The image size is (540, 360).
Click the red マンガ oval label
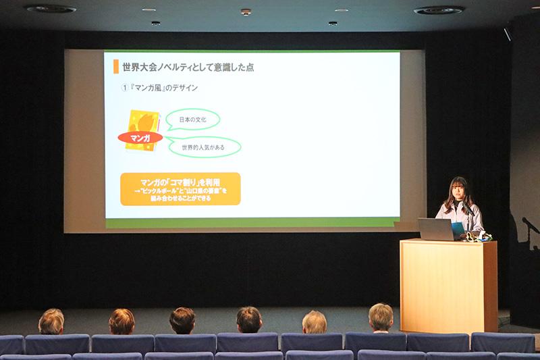tap(140, 137)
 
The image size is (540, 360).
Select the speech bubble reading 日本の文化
tap(193, 120)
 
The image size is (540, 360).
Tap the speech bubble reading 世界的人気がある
tap(204, 147)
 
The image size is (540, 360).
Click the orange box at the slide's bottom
tap(180, 188)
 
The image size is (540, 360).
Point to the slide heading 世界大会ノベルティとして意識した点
tap(188, 67)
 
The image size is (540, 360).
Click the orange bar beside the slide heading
tap(116, 66)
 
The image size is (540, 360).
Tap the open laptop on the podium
tap(437, 229)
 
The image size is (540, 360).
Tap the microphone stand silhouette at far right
tap(530, 226)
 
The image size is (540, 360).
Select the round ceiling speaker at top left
tap(51, 9)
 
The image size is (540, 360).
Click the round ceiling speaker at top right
tap(439, 10)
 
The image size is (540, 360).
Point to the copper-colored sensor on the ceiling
tap(246, 11)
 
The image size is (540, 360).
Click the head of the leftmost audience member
tap(51, 321)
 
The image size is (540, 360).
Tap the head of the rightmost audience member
tap(381, 316)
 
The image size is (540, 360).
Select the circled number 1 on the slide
tap(124, 88)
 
